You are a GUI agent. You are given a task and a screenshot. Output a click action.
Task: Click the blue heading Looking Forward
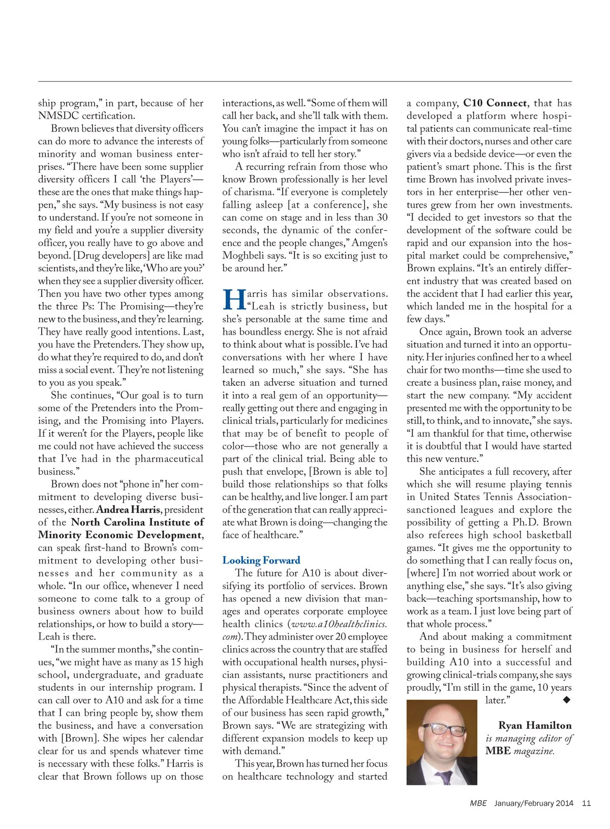[261, 561]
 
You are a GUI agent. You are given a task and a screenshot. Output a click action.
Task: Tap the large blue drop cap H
[234, 300]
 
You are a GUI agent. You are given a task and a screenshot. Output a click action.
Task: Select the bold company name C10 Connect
[495, 103]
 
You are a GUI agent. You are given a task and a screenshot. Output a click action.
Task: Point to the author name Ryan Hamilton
[535, 725]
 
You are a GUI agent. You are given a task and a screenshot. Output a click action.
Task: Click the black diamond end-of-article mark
[567, 700]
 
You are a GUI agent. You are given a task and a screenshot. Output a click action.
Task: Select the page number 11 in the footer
[586, 804]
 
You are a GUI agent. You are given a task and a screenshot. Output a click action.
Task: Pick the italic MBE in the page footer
[478, 804]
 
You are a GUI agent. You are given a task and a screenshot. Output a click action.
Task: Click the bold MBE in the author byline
[498, 751]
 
